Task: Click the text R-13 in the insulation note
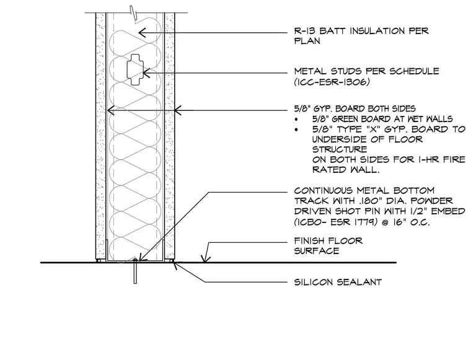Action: point(304,31)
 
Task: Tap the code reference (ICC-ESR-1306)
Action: point(332,82)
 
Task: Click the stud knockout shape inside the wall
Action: point(135,69)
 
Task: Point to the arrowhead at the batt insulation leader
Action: point(143,32)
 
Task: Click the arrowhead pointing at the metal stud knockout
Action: point(146,73)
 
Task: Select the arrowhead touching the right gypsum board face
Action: point(178,110)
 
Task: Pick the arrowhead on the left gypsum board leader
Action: point(110,110)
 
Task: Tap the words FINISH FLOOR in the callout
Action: point(328,240)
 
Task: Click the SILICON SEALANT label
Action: point(338,282)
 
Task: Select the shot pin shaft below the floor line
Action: point(135,273)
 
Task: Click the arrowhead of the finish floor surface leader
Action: point(206,259)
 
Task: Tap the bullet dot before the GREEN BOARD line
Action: point(297,120)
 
